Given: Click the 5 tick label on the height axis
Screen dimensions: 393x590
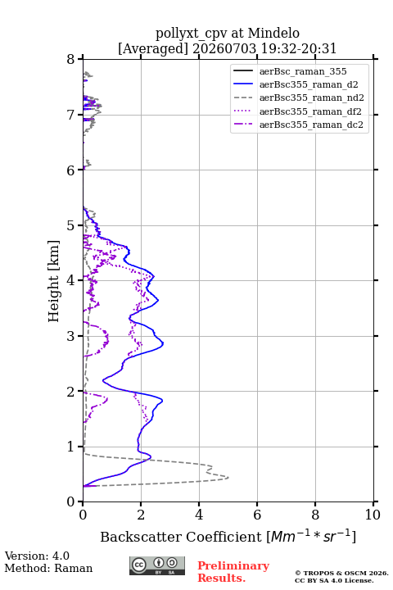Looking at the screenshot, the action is pos(71,225).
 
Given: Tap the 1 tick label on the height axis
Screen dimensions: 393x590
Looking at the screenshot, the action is pos(71,447).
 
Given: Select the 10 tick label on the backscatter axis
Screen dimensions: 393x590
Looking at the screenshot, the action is pos(373,515).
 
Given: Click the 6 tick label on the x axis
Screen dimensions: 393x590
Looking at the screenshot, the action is pos(257,515).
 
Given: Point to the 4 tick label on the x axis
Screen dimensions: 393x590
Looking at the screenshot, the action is pos(199,515).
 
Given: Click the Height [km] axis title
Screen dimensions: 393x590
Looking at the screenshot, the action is pos(53,281).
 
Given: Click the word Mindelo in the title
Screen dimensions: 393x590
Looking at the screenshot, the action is pos(273,33).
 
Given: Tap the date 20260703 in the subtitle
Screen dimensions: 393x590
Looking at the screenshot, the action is pos(224,48).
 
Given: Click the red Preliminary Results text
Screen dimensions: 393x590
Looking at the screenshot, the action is pos(233,572).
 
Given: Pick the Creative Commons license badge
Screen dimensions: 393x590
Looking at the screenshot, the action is pos(157,566).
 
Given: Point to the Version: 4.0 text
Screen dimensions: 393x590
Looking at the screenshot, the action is pos(37,556).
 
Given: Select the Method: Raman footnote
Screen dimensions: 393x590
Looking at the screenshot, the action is pos(48,568).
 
